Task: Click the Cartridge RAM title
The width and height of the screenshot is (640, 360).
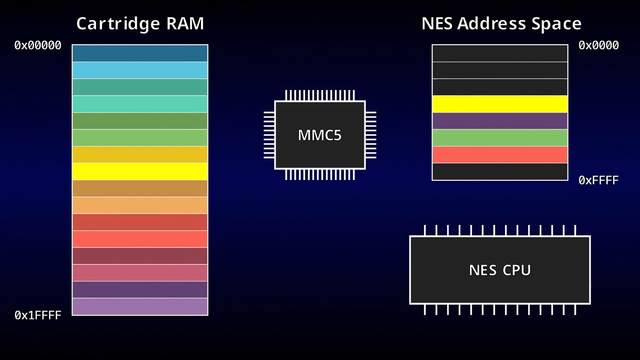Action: [140, 23]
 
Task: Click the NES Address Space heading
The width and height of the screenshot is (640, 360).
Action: [501, 23]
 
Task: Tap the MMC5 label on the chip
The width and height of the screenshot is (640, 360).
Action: [319, 135]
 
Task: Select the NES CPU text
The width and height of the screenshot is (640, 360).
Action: [500, 270]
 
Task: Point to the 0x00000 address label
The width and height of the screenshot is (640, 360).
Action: [37, 45]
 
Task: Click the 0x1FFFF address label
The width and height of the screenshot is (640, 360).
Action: [37, 315]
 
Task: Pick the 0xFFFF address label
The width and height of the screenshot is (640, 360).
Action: [598, 180]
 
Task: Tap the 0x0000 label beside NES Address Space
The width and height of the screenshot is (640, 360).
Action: [598, 45]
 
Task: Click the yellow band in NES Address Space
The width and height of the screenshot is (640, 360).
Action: [500, 104]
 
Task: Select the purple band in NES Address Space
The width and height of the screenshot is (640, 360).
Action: [500, 121]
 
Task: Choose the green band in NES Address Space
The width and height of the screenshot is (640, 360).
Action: [500, 137]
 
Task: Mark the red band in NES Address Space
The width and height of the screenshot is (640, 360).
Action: [500, 154]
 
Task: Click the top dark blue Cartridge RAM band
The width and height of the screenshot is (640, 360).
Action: [140, 53]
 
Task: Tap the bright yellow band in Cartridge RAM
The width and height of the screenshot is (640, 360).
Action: [140, 171]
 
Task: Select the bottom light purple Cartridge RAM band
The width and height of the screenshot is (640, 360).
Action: [140, 306]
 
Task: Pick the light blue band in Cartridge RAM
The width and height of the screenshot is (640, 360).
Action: [140, 70]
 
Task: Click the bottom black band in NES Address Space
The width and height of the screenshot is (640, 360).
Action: [500, 171]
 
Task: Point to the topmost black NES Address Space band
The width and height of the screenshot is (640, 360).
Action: [500, 53]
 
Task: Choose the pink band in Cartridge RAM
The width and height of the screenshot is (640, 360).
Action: [140, 272]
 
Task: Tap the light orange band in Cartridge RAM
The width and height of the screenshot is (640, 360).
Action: [140, 205]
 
